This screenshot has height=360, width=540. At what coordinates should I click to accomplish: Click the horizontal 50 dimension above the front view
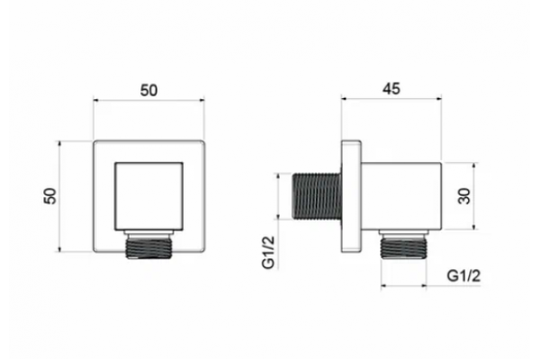(x=148, y=90)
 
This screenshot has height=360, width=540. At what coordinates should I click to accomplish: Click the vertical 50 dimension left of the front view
(x=50, y=196)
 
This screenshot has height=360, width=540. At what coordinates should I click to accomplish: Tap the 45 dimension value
(x=391, y=89)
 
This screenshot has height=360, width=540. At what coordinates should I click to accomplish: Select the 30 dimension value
(x=464, y=196)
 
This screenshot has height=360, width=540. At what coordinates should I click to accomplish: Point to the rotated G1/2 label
(x=268, y=252)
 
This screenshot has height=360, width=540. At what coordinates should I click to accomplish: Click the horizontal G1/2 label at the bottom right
(x=463, y=276)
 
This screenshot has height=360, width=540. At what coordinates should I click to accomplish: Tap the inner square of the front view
(x=148, y=196)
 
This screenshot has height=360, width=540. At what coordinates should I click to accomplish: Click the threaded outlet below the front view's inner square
(x=148, y=245)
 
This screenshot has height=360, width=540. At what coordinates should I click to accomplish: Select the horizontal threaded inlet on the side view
(x=317, y=196)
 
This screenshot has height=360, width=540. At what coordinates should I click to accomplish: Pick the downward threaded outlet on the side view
(x=403, y=244)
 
